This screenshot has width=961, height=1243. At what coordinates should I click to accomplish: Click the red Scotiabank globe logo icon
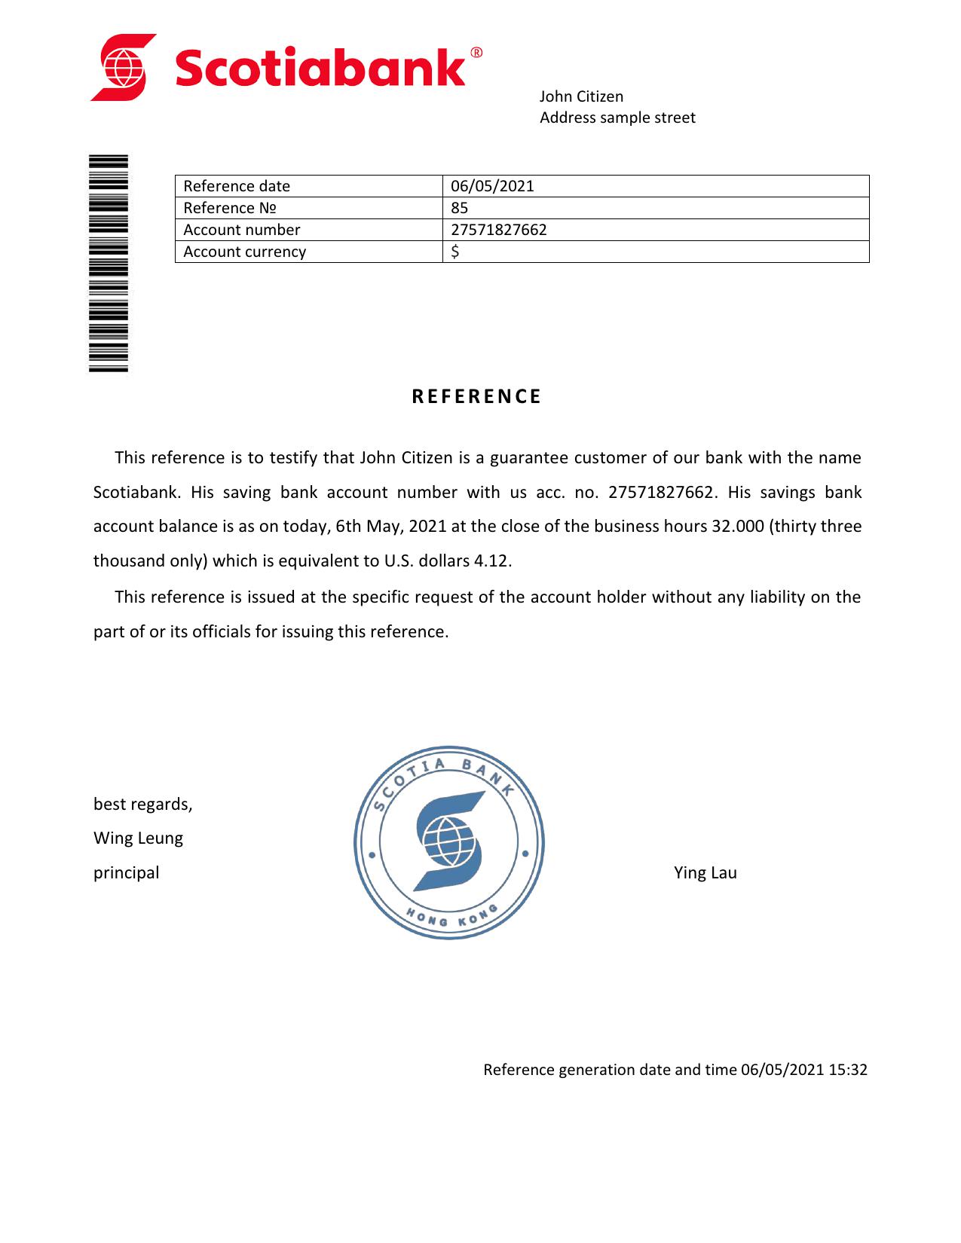click(x=124, y=67)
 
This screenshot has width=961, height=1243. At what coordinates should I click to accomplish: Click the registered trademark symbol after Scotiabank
click(x=476, y=53)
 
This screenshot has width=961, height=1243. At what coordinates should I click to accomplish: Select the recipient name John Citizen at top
click(x=581, y=96)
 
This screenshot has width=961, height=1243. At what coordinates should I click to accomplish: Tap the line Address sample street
click(x=617, y=118)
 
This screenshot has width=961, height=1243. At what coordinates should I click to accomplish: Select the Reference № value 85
click(x=459, y=208)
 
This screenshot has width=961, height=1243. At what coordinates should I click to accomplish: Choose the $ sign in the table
click(x=454, y=252)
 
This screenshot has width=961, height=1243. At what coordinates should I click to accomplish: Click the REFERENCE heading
click(x=476, y=397)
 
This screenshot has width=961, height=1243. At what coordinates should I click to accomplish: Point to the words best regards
click(x=142, y=804)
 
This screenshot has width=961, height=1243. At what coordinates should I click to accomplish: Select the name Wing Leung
click(x=138, y=838)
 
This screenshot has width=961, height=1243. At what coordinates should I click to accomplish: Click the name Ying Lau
click(x=705, y=872)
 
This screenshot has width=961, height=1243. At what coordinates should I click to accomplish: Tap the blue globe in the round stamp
click(x=449, y=842)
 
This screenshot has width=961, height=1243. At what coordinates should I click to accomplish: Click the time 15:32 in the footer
click(x=848, y=1070)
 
